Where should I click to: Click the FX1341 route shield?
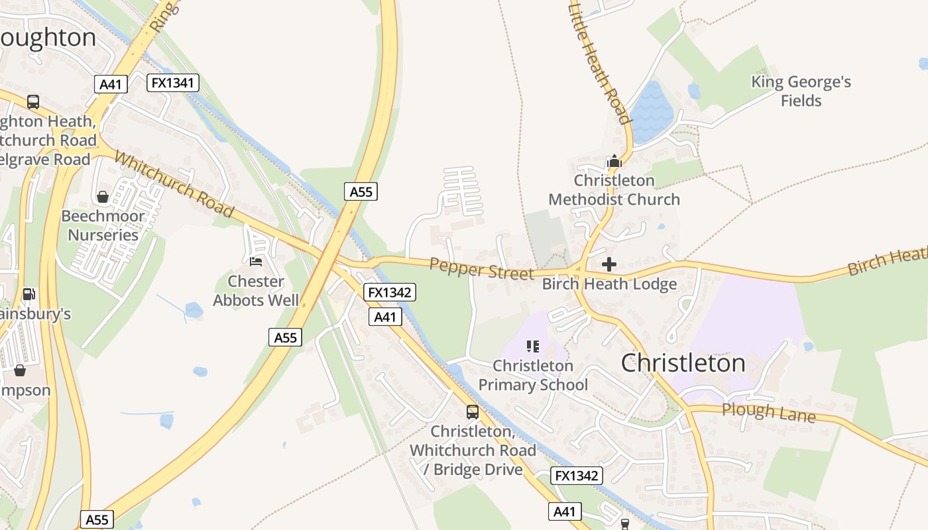172,83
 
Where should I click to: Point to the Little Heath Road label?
599,64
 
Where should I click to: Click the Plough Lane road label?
768,412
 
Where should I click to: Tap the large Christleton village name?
683,363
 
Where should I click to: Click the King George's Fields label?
801,91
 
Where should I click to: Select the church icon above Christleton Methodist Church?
614,161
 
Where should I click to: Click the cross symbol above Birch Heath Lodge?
609,265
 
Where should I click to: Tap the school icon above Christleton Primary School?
532,346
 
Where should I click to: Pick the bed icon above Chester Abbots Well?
256,262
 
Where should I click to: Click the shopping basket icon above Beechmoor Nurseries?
103,197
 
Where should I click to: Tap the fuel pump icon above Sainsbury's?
29,293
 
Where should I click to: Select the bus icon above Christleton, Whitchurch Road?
473,412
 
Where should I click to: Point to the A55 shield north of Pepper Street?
361,192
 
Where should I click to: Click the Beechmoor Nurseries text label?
103,226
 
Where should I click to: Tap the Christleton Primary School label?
533,375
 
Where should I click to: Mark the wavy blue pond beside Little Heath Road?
652,111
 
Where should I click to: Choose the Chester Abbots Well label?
256,291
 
